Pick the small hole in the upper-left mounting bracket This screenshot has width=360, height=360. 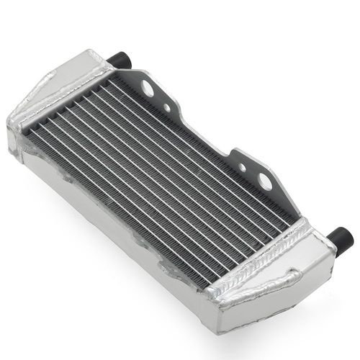point(166,109)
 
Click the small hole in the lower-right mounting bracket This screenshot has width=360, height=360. point(243,168)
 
